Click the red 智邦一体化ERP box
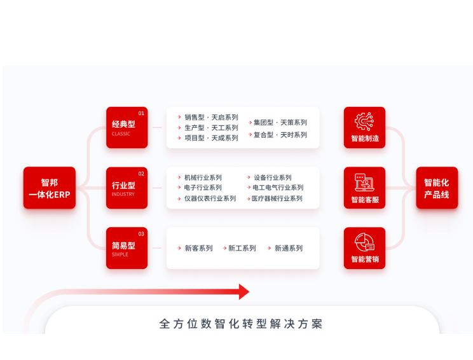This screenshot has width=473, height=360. [50, 188]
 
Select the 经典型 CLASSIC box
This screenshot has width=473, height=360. [127, 127]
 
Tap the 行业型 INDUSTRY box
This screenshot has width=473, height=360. [127, 188]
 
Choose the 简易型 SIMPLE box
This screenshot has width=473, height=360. [127, 248]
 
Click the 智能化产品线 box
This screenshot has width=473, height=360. [437, 188]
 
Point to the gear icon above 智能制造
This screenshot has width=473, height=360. [364, 121]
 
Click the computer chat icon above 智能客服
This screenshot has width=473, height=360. [364, 182]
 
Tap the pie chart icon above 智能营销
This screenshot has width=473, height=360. [364, 242]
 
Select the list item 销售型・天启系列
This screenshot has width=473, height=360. [211, 117]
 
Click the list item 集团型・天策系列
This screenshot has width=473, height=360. [280, 122]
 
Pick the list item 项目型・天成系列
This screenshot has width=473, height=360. [211, 138]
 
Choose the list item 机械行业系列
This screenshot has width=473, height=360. [203, 177]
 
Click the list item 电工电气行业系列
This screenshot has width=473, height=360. [278, 188]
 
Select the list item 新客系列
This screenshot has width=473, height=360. [198, 248]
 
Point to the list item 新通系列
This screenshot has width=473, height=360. [288, 248]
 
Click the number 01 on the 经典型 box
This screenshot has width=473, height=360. [141, 113]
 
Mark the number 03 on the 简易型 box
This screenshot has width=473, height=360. [141, 234]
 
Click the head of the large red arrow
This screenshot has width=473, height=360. [243, 292]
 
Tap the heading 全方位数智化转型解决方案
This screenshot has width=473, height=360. [241, 324]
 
